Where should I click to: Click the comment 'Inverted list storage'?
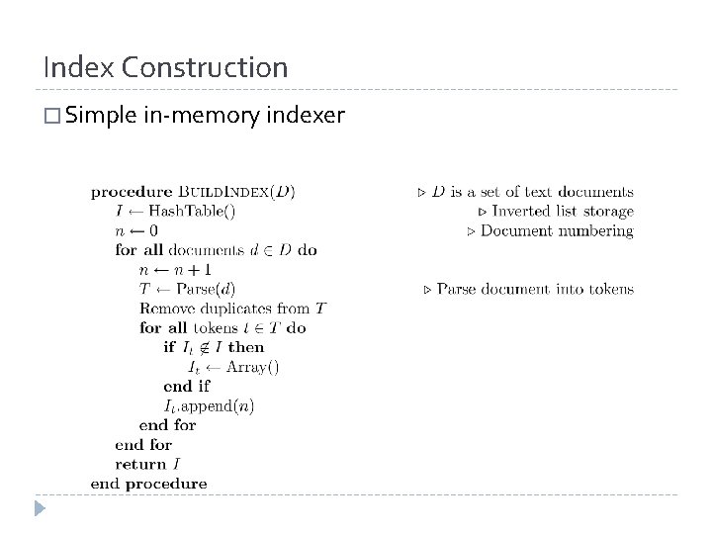click(x=562, y=211)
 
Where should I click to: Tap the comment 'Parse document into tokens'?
click(x=534, y=289)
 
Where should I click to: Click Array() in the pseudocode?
click(x=251, y=367)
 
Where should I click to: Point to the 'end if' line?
click(x=188, y=386)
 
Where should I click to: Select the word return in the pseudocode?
click(x=140, y=464)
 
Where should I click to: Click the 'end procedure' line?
click(x=148, y=484)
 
